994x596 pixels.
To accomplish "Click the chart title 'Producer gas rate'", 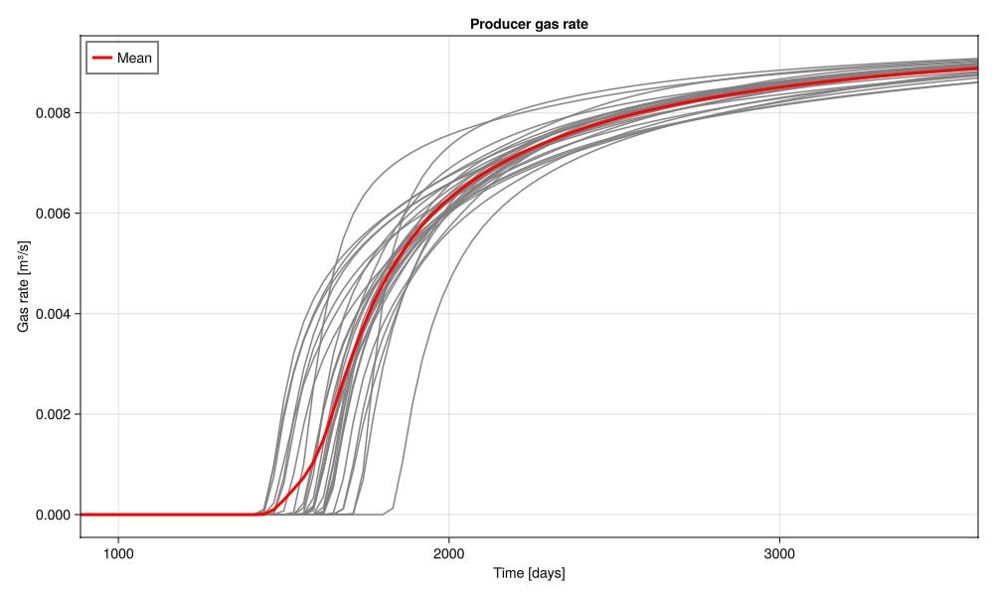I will (529, 24).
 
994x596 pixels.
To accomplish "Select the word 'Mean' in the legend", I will (134, 59).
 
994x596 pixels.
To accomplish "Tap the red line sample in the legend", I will (102, 59).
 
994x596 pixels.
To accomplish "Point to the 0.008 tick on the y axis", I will (52, 113).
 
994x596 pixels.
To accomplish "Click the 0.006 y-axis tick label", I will (52, 214).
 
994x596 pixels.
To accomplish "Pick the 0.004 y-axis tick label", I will (52, 314).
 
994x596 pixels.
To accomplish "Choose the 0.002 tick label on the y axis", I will (52, 414).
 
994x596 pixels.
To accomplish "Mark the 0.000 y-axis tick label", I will (52, 515).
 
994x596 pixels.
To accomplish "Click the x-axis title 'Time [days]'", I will (529, 574).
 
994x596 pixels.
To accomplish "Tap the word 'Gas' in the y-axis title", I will (24, 318).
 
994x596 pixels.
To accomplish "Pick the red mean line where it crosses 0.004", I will (361, 314).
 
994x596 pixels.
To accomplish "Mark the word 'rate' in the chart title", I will (576, 24).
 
